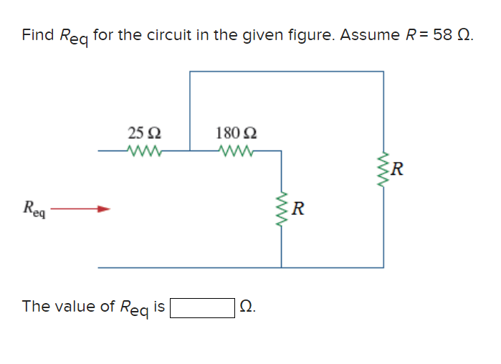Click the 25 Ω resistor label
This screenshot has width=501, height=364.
(x=144, y=133)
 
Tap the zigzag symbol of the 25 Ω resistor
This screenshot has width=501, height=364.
(x=145, y=150)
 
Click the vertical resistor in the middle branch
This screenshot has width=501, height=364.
(x=281, y=209)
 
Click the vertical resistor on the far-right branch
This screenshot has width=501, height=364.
(x=383, y=170)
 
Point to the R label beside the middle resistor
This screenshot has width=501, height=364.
(x=299, y=209)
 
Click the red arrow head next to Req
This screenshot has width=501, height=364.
(x=105, y=209)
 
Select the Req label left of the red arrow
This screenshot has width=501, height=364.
(x=34, y=209)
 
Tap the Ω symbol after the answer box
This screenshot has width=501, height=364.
(x=246, y=307)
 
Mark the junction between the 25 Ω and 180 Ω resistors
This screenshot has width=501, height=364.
(x=190, y=150)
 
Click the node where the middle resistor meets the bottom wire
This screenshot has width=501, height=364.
(x=281, y=267)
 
